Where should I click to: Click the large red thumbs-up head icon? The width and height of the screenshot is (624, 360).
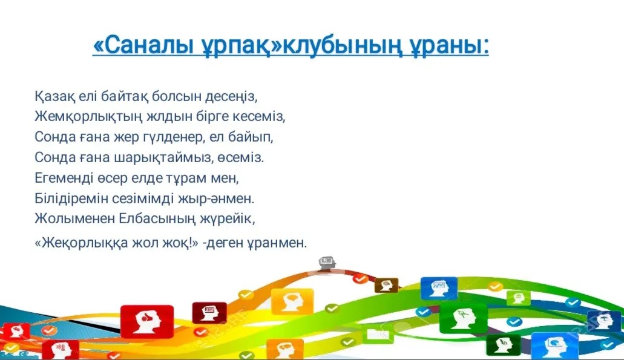tap(147, 321)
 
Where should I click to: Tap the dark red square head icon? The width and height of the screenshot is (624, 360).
tap(209, 313)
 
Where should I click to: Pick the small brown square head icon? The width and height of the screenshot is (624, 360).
tap(386, 285)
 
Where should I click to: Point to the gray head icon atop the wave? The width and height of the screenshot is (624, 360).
tap(326, 263)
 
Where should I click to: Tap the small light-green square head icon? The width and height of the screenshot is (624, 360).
tap(519, 298)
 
